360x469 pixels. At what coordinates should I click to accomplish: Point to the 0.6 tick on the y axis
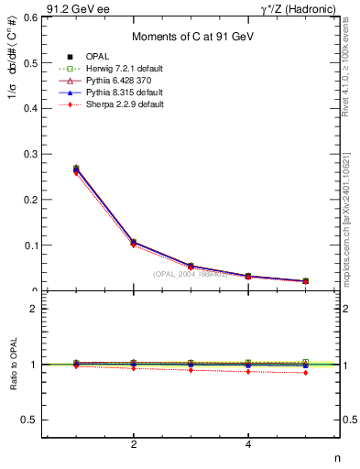[30, 17]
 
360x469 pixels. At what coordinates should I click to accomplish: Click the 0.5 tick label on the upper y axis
[30, 62]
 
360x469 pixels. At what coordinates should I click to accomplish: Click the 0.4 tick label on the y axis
[30, 108]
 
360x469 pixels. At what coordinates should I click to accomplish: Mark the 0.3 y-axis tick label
[30, 154]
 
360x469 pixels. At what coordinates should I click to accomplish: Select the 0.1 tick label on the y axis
[30, 245]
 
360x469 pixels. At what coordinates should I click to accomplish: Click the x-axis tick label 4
[248, 445]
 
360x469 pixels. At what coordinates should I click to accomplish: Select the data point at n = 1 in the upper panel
[76, 169]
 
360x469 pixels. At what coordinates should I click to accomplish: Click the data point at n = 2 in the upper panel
[134, 243]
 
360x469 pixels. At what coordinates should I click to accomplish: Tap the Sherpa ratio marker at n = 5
[305, 373]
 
